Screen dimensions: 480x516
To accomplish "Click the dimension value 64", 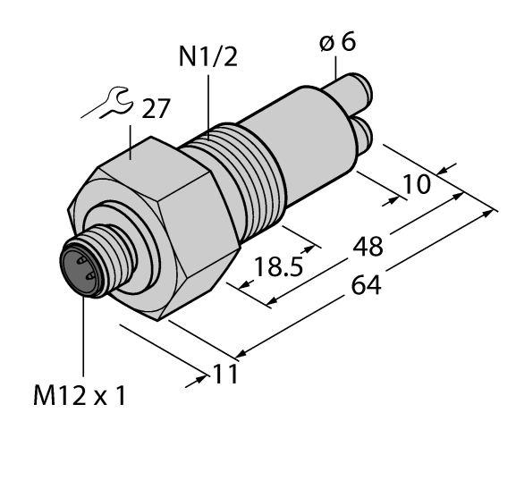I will (366, 286).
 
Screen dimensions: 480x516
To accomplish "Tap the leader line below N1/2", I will (208, 103).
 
